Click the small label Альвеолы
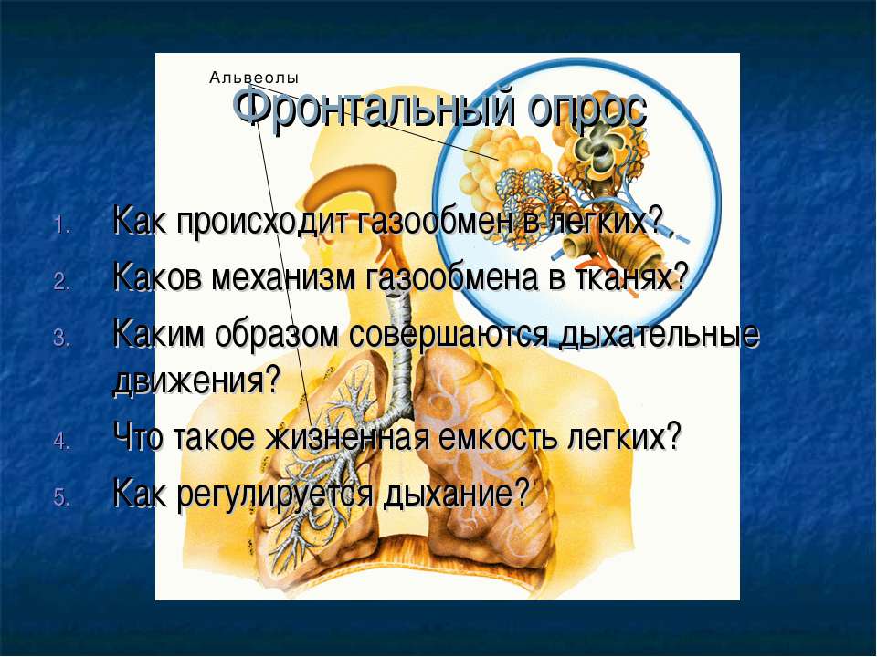[x=254, y=78]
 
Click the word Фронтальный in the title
[x=374, y=108]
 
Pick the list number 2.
[x=61, y=282]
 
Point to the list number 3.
[x=61, y=339]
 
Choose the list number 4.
[x=61, y=441]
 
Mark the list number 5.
[x=61, y=497]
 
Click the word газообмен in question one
[x=433, y=222]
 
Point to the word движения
[x=195, y=381]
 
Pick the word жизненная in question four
[x=347, y=437]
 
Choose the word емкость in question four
[x=498, y=437]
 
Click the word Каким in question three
[x=158, y=334]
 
